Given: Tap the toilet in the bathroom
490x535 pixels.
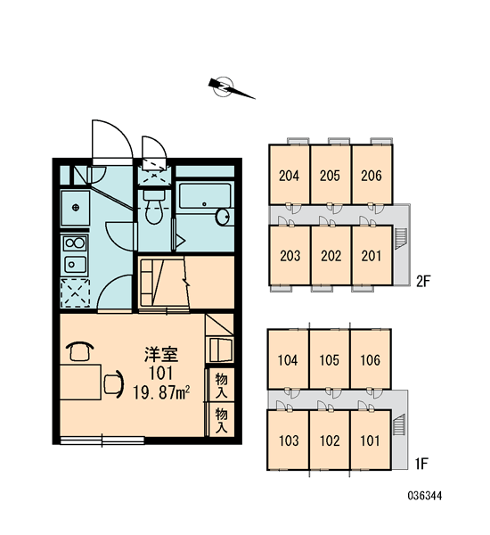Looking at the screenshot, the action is click(x=154, y=207).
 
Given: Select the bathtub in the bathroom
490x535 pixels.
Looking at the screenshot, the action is click(x=205, y=196).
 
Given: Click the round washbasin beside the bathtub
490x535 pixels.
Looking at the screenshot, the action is click(x=223, y=217).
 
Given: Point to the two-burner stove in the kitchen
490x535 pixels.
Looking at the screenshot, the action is click(x=75, y=243).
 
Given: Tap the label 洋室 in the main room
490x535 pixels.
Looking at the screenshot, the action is click(x=161, y=354).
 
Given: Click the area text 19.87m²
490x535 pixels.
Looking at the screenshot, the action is click(x=161, y=392).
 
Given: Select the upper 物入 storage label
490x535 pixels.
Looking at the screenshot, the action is click(x=221, y=385).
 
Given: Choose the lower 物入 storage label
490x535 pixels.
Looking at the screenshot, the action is click(x=221, y=421).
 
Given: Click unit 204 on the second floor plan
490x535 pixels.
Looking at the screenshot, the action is click(x=289, y=176).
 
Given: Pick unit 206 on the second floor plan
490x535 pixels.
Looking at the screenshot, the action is click(x=372, y=176).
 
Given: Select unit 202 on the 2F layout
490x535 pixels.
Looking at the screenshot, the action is click(x=331, y=256).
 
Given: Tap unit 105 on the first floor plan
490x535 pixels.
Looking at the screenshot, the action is click(x=330, y=360).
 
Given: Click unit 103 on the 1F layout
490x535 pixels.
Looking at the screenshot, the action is click(x=289, y=440).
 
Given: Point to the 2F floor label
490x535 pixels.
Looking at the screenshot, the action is click(x=423, y=281).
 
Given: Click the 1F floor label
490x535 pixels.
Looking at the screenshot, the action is click(x=421, y=464).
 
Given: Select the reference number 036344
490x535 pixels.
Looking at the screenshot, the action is click(x=425, y=496).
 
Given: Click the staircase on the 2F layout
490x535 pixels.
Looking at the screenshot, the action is click(x=401, y=238).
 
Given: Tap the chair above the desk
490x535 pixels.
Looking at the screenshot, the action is click(x=80, y=351).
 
